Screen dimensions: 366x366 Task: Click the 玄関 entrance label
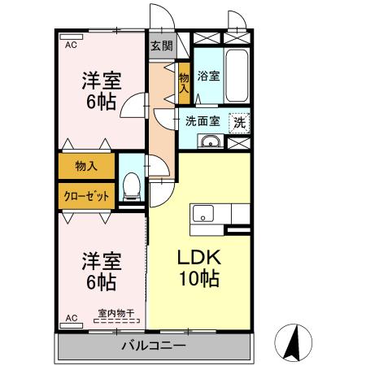pos(162,46)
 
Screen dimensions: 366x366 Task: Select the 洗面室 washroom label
pos(203,121)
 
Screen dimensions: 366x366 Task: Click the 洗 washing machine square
pos(239,122)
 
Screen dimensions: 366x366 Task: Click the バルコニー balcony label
pos(154,346)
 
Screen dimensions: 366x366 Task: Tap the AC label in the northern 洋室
pos(72,46)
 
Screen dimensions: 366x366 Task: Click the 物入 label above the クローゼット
pos(86,166)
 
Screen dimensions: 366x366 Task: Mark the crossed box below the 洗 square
pos(239,143)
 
